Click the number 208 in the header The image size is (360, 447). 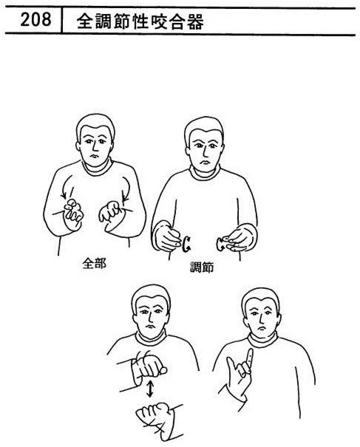tap(35, 20)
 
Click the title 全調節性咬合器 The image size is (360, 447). tap(140, 21)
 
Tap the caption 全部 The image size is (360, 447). tap(94, 264)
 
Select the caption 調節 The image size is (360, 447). tap(202, 267)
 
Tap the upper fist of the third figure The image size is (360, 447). tap(149, 369)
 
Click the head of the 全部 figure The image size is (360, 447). tap(95, 140)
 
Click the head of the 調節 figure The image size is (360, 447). tap(204, 143)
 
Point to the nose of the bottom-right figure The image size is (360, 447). tap(260, 320)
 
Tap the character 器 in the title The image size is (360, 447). tap(195, 21)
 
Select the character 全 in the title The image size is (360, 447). tap(85, 21)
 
